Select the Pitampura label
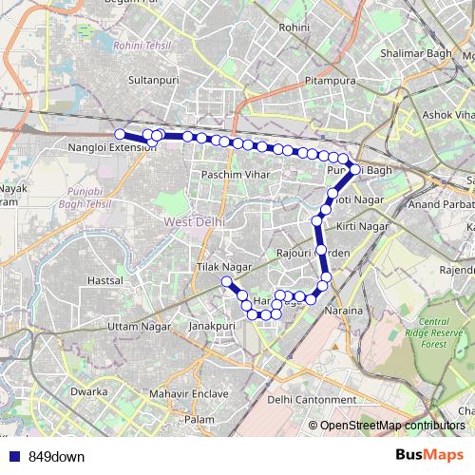pyautogui.click(x=330, y=83)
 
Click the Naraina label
pyautogui.click(x=345, y=311)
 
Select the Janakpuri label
pyautogui.click(x=212, y=325)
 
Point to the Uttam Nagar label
pyautogui.click(x=138, y=326)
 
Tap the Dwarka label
pyautogui.click(x=88, y=390)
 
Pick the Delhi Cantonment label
pyautogui.click(x=306, y=400)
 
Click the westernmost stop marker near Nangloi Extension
pyautogui.click(x=120, y=134)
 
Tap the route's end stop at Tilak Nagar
pyautogui.click(x=227, y=282)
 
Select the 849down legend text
pyautogui.click(x=56, y=456)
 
